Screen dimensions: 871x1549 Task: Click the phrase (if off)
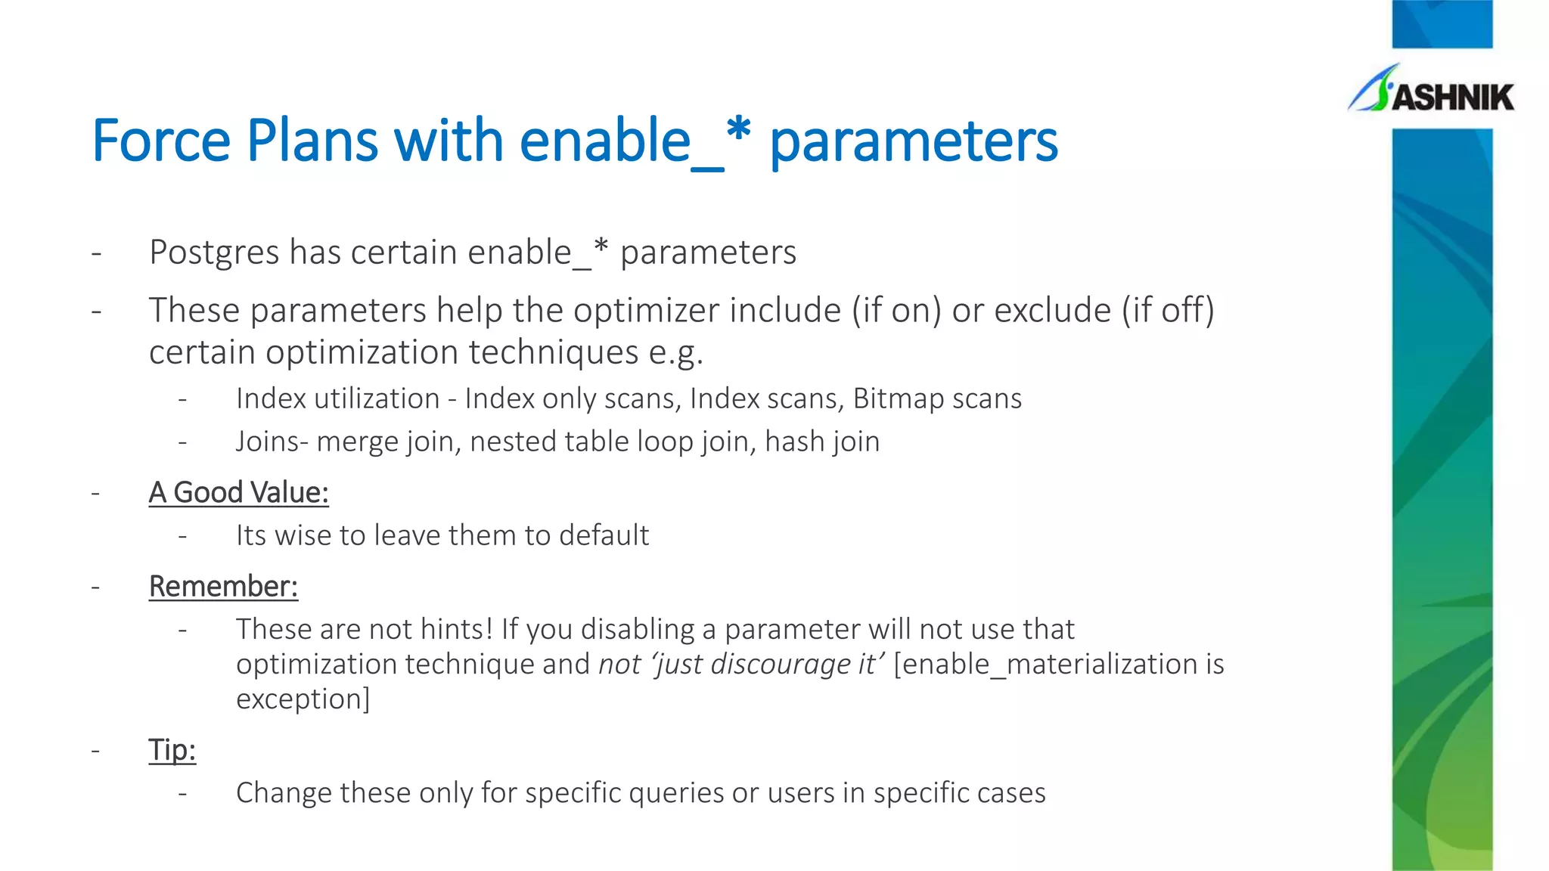pyautogui.click(x=1167, y=311)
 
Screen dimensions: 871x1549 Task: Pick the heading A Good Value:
pyautogui.click(x=238, y=493)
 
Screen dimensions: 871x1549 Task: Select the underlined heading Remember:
pyautogui.click(x=223, y=587)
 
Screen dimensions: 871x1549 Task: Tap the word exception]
pyautogui.click(x=303, y=699)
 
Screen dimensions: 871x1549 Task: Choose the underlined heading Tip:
pyautogui.click(x=172, y=750)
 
